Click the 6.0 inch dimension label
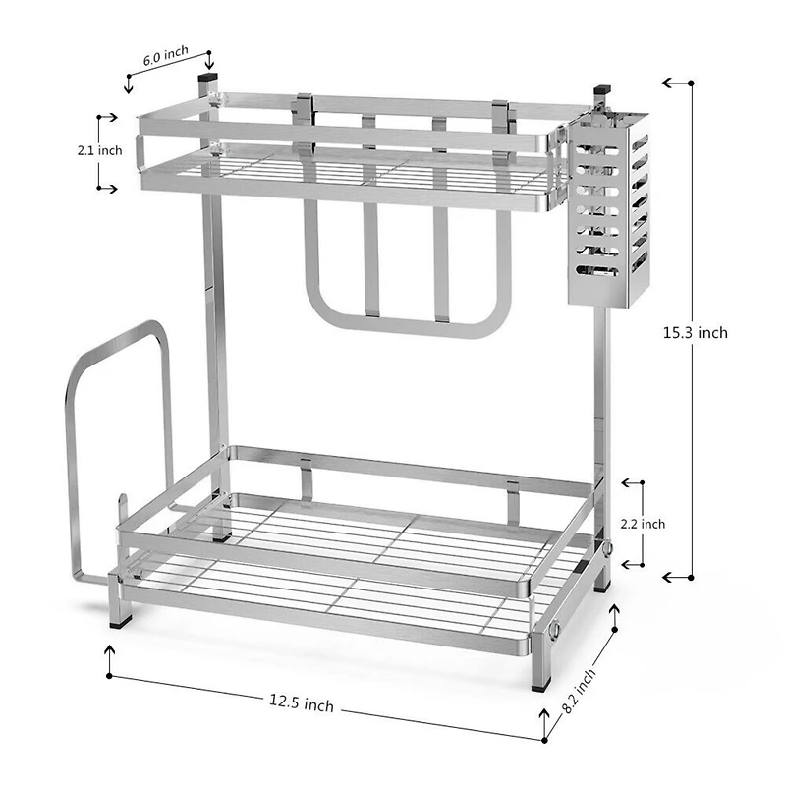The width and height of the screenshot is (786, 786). (165, 58)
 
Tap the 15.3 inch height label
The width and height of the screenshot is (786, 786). (695, 333)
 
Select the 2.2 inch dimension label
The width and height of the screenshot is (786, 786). (644, 524)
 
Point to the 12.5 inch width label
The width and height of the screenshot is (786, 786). (301, 702)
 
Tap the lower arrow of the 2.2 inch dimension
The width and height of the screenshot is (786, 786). (633, 565)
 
